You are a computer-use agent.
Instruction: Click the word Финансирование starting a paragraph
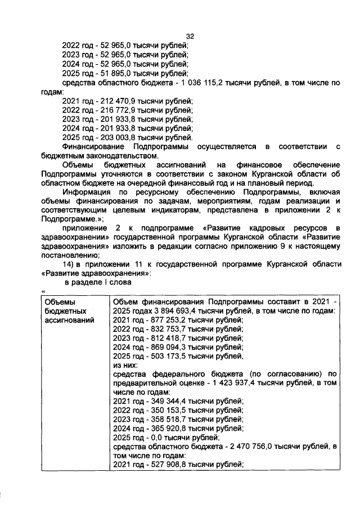[92, 147]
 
